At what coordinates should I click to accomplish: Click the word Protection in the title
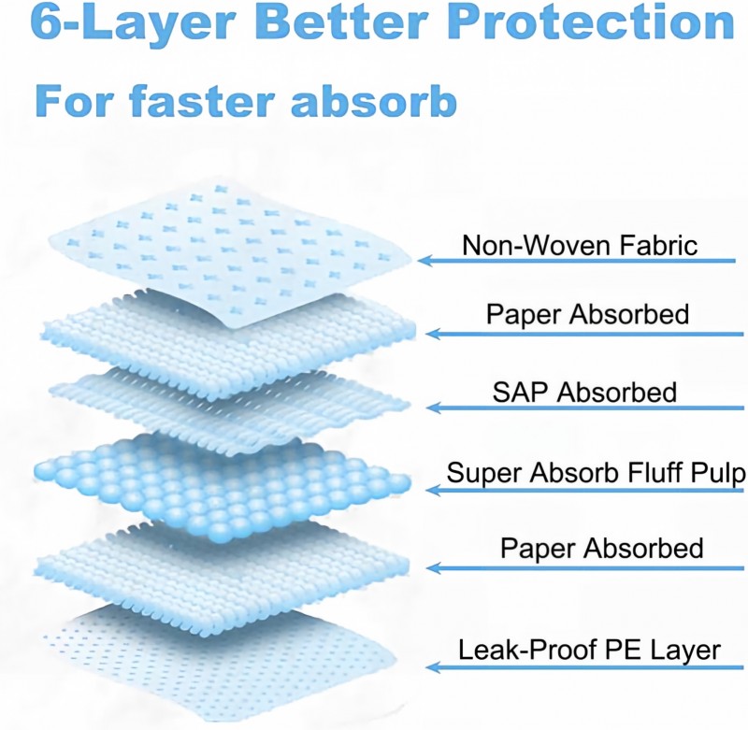pyautogui.click(x=591, y=21)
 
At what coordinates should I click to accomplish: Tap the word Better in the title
pyautogui.click(x=344, y=21)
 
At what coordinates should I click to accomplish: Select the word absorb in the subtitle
pyautogui.click(x=374, y=101)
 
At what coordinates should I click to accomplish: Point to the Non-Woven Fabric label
pyautogui.click(x=580, y=245)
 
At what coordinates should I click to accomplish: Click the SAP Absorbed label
pyautogui.click(x=584, y=392)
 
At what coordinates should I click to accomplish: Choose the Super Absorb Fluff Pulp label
pyautogui.click(x=596, y=473)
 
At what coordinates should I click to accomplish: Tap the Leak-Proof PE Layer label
pyautogui.click(x=589, y=650)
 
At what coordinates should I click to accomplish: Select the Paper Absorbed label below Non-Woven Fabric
pyautogui.click(x=587, y=314)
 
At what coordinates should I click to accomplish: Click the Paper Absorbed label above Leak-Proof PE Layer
pyautogui.click(x=601, y=548)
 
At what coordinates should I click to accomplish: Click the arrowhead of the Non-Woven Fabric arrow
pyautogui.click(x=425, y=261)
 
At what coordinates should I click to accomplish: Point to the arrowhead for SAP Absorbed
pyautogui.click(x=433, y=408)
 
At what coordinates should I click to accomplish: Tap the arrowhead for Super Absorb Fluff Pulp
pyautogui.click(x=433, y=490)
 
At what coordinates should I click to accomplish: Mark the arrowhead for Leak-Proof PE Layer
pyautogui.click(x=433, y=666)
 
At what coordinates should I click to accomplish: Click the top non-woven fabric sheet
pyautogui.click(x=229, y=252)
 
